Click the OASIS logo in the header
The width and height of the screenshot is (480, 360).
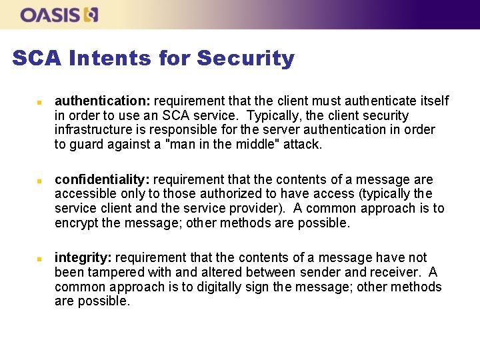coord(59,15)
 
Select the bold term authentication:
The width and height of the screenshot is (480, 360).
coord(102,101)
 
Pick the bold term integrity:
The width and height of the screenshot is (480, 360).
coord(82,257)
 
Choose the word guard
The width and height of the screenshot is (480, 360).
coord(87,144)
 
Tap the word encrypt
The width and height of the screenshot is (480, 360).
coord(77,223)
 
